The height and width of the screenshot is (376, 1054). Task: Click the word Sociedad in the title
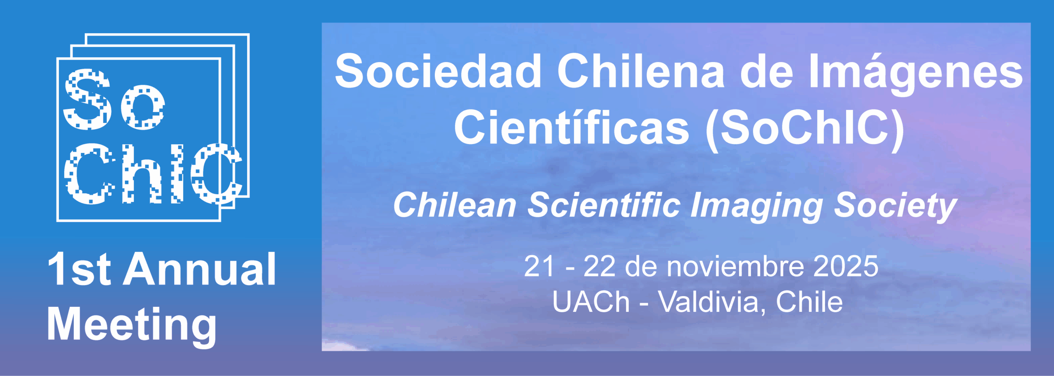tap(438, 71)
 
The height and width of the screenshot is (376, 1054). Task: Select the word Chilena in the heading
tap(641, 71)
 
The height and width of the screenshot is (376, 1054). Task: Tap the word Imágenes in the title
tap(916, 74)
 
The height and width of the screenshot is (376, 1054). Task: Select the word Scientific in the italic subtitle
tap(604, 205)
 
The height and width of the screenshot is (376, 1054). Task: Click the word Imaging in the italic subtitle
tap(757, 207)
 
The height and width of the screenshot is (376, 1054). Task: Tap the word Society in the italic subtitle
tap(895, 207)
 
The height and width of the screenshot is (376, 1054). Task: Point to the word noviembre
tap(735, 267)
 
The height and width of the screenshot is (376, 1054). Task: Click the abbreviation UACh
tap(591, 302)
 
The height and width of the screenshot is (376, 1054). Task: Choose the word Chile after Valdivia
tap(809, 302)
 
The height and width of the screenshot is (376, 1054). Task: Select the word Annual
tap(200, 269)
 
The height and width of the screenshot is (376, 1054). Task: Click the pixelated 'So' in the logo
tap(114, 100)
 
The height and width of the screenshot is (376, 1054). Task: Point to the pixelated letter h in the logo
tap(140, 174)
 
